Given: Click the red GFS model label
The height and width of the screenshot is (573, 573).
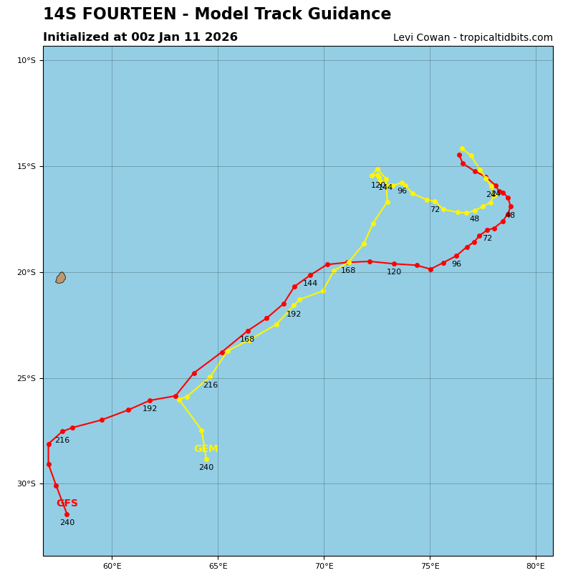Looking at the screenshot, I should (67, 504).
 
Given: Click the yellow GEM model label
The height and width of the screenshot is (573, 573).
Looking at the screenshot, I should (206, 449).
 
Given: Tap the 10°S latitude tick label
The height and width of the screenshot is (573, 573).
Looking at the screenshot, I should (27, 60).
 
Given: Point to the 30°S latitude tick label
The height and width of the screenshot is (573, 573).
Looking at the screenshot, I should (27, 483).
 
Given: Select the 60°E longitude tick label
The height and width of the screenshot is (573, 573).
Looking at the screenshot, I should (112, 566).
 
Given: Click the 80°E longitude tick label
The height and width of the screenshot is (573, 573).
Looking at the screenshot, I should (536, 566).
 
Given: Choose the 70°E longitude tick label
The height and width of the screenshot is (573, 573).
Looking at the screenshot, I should (324, 566).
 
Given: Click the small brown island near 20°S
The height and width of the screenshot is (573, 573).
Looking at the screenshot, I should (61, 278).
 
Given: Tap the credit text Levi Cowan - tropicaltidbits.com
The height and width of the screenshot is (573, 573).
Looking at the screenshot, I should (473, 38).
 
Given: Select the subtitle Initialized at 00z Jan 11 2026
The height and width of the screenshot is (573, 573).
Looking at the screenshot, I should (140, 37).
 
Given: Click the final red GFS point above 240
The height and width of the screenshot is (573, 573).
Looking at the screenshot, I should (67, 514).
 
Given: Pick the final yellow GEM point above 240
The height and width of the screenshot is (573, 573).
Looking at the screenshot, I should (206, 459).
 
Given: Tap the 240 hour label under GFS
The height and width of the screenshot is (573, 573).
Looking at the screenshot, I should (67, 523).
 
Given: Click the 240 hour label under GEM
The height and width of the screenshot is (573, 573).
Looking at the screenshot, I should (206, 468).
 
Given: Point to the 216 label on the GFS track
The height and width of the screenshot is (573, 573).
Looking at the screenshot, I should (62, 440).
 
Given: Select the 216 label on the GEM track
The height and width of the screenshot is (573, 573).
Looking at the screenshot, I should (210, 385).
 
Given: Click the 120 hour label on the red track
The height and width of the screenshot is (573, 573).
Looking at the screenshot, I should (394, 272).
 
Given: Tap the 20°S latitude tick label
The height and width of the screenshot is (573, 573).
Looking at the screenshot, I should (27, 272).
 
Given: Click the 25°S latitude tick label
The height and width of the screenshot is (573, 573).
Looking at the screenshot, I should (27, 378).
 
